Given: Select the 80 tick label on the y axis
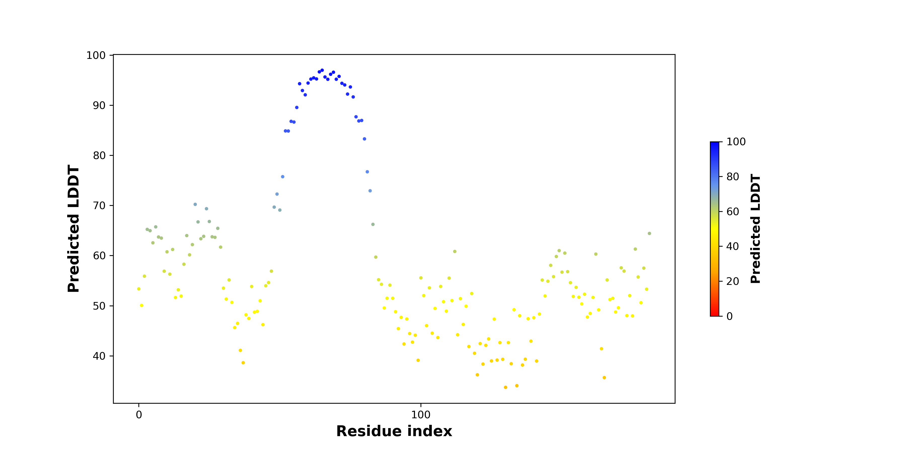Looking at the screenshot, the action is [99, 156].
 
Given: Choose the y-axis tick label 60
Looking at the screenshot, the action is [99, 256].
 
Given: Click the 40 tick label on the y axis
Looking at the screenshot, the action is [99, 356].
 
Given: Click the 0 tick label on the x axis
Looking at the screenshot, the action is [139, 415].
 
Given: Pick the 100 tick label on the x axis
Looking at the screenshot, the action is [421, 415].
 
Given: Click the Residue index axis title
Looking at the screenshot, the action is [394, 431].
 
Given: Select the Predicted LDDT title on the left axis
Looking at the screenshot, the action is [73, 229].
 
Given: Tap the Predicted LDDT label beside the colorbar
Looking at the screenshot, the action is [756, 229].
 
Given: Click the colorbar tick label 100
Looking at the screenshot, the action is [736, 142].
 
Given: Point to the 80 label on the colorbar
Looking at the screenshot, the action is [733, 177].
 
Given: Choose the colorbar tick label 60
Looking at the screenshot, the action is [733, 211].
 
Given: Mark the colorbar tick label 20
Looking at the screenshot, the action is [733, 281].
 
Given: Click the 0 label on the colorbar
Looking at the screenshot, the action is [730, 316].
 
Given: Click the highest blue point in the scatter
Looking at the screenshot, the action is [322, 70].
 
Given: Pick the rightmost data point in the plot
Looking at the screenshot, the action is [649, 234].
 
